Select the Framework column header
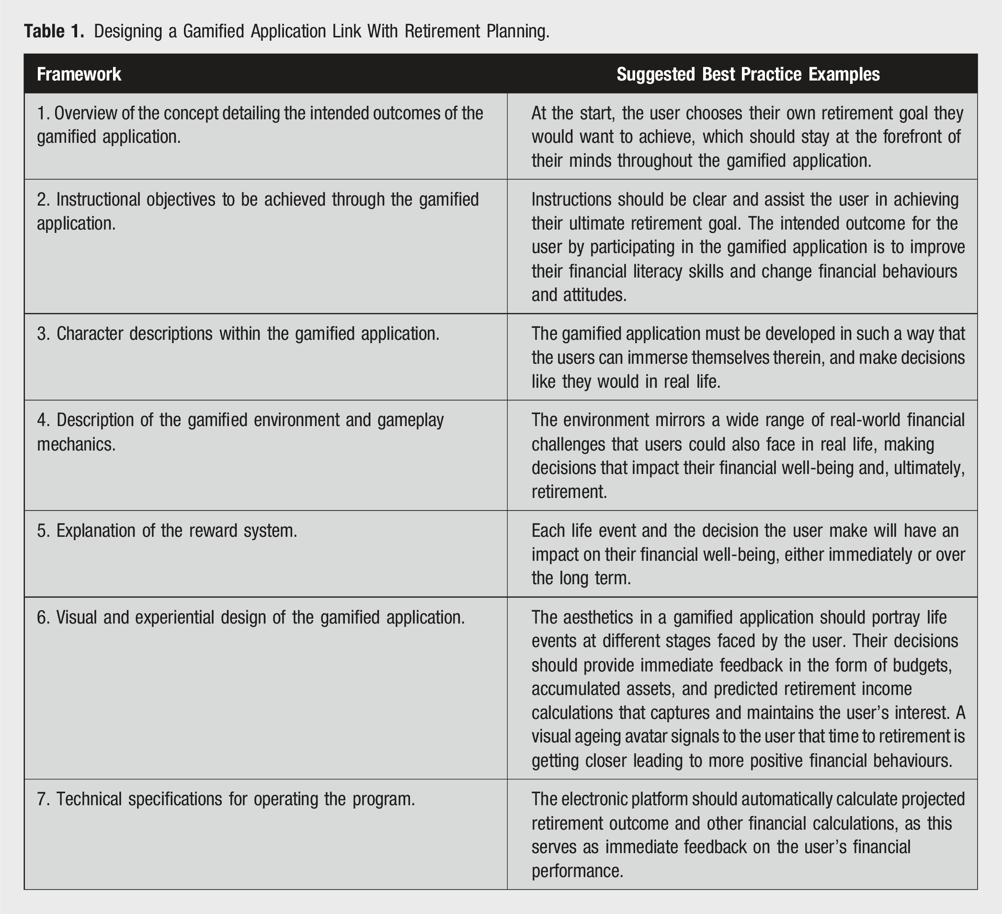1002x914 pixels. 79,74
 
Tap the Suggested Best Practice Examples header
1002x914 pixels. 748,74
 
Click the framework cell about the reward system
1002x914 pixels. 167,531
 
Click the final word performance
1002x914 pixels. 577,871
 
